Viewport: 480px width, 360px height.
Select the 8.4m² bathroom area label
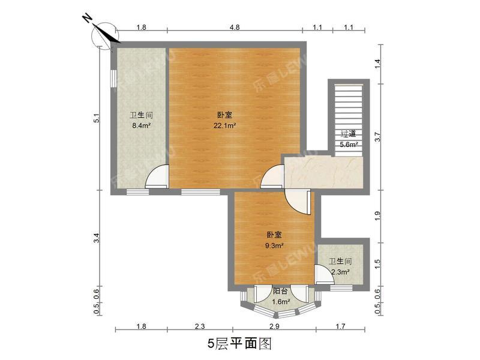[x=140, y=126]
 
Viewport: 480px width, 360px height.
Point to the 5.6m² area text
[x=349, y=145]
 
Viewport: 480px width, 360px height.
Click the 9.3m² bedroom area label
[x=274, y=245]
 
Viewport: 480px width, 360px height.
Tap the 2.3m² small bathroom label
[x=339, y=272]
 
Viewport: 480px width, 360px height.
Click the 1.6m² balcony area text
[x=281, y=302]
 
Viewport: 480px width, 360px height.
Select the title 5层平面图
[x=240, y=344]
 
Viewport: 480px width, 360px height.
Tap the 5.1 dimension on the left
[x=96, y=119]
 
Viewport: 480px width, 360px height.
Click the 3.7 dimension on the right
[x=377, y=136]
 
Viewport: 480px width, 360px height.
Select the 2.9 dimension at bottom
[x=274, y=326]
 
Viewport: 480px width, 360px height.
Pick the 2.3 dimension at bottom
[x=200, y=326]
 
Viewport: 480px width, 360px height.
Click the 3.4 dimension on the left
[x=96, y=238]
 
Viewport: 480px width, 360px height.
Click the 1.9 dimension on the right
[x=377, y=215]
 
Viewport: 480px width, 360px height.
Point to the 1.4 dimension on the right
[x=377, y=62]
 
